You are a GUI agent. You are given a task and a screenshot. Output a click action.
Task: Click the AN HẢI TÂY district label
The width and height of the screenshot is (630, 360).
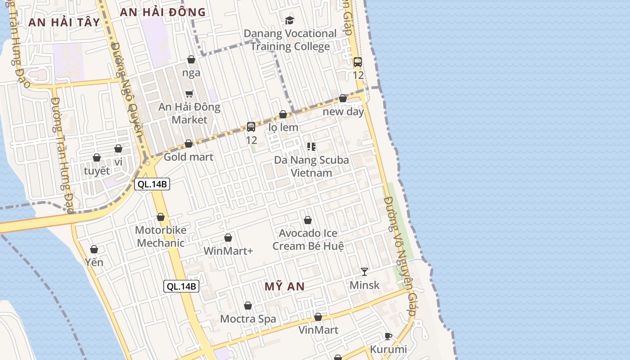pyautogui.click(x=64, y=22)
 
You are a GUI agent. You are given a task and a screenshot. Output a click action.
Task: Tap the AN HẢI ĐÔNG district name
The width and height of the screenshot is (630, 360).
pyautogui.click(x=163, y=12)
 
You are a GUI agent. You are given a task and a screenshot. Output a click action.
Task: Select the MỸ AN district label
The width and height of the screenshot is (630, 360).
pyautogui.click(x=284, y=286)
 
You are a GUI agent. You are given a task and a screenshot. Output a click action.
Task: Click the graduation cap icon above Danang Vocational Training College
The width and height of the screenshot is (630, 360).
pyautogui.click(x=289, y=20)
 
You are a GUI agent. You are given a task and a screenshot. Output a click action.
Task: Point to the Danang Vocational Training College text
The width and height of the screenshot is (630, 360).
pyautogui.click(x=290, y=40)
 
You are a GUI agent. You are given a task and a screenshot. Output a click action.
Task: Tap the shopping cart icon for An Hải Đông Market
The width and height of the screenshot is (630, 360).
pyautogui.click(x=189, y=94)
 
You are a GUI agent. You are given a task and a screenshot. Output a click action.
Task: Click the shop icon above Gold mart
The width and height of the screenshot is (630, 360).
pyautogui.click(x=189, y=144)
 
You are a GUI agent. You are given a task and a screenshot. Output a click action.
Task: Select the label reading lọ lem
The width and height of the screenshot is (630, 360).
pyautogui.click(x=283, y=127)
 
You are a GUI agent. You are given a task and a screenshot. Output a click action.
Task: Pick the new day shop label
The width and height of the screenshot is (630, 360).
pyautogui.click(x=343, y=112)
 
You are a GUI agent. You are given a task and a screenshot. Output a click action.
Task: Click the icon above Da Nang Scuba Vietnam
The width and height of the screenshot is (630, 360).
pyautogui.click(x=311, y=146)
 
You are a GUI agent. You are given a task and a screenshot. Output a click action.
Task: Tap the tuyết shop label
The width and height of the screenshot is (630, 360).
pyautogui.click(x=97, y=171)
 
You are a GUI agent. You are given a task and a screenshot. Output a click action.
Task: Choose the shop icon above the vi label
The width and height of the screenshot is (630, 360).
pyautogui.click(x=118, y=148)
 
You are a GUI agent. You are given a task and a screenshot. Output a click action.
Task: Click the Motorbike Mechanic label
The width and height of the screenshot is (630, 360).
pyautogui.click(x=161, y=237)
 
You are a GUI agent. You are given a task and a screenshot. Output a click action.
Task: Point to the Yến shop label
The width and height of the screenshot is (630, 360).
pyautogui.click(x=94, y=262)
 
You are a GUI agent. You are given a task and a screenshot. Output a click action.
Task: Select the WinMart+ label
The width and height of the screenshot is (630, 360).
pyautogui.click(x=228, y=251)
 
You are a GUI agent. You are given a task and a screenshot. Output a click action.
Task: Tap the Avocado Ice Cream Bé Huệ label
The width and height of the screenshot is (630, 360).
pyautogui.click(x=308, y=240)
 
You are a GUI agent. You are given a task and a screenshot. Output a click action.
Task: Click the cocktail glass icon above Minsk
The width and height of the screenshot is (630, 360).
pyautogui.click(x=364, y=271)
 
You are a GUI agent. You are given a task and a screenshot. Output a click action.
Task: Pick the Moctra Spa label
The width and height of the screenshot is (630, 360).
pyautogui.click(x=248, y=319)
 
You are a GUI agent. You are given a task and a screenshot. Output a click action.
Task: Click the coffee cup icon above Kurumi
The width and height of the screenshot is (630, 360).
pyautogui.click(x=388, y=336)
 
